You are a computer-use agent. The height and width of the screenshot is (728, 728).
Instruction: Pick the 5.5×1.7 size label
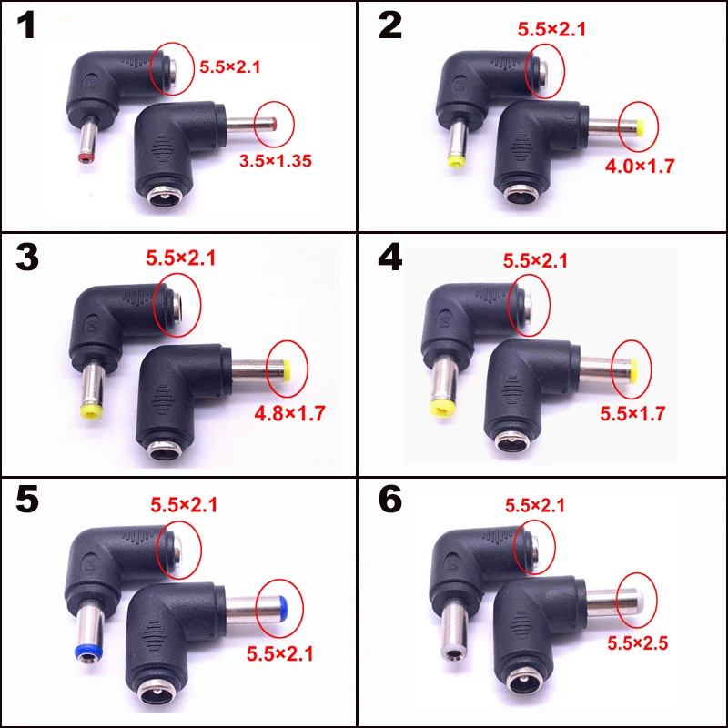point(633,412)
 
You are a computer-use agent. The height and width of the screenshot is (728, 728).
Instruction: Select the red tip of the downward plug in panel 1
point(85,157)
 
